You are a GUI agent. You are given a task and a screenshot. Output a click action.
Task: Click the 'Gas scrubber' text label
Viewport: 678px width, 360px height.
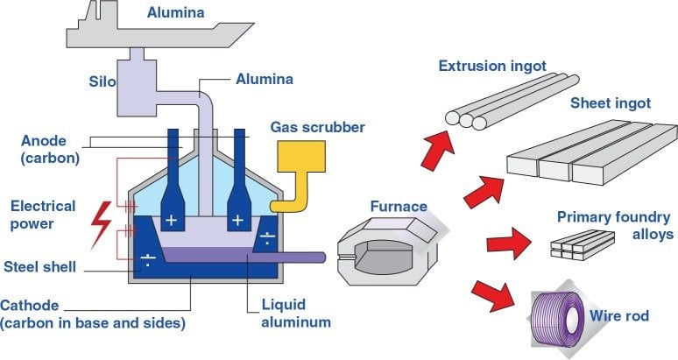click(318, 127)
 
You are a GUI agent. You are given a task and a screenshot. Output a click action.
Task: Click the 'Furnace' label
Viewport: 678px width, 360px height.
click(398, 208)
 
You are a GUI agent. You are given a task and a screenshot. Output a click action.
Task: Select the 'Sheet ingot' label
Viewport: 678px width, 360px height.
click(611, 103)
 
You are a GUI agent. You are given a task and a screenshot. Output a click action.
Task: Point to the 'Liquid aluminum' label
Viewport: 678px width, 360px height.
click(297, 314)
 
